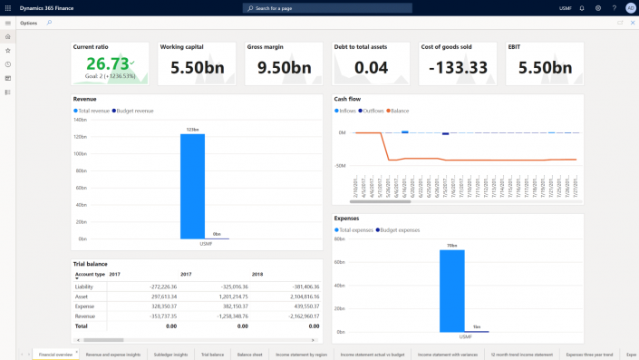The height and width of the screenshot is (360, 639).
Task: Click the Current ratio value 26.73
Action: (x=107, y=63)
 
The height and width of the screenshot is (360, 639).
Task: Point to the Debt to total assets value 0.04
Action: (x=371, y=67)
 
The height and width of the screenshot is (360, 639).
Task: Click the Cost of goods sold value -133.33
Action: (x=458, y=67)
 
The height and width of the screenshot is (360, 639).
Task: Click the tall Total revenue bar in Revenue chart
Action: (x=192, y=186)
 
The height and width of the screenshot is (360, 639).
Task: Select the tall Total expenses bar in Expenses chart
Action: (x=451, y=290)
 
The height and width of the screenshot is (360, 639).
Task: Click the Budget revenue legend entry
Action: (x=134, y=111)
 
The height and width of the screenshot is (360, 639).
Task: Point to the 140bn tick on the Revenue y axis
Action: (x=80, y=120)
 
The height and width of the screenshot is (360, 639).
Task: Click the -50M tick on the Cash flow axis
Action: (x=340, y=166)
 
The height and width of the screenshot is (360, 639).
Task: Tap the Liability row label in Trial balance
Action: (x=84, y=286)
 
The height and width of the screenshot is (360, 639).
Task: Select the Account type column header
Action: (x=90, y=274)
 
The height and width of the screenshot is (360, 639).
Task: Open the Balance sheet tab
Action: (x=250, y=355)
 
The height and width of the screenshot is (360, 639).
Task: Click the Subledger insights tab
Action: (x=170, y=355)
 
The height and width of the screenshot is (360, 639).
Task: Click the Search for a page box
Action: (x=327, y=8)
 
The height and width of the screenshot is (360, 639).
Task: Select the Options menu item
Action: (x=29, y=23)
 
